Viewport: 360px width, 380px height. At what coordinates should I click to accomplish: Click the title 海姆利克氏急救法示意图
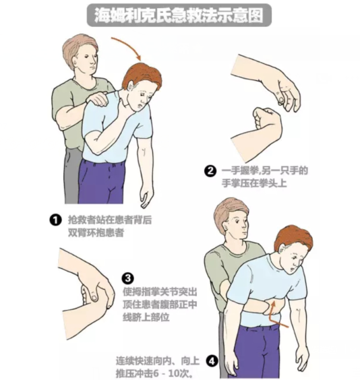tap(179, 15)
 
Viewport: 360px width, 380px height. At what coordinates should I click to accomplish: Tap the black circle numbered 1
tap(55, 220)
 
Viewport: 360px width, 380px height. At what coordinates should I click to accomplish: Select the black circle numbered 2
tap(210, 171)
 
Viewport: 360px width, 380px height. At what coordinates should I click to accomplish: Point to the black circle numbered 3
tap(129, 278)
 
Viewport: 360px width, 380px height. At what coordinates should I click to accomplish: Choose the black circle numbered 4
tap(212, 361)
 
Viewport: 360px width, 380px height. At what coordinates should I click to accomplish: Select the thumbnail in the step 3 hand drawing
tap(93, 297)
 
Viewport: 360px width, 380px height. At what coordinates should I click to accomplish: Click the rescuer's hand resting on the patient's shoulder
tap(96, 99)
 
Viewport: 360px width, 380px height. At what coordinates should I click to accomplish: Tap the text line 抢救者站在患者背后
tap(110, 220)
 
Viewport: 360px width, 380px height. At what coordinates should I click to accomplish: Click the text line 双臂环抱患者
tap(96, 232)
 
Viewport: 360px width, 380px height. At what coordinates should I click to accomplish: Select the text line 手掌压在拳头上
tap(254, 183)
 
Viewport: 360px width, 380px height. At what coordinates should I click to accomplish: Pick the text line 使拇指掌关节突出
tap(160, 292)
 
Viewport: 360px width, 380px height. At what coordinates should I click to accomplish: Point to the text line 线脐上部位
tap(146, 317)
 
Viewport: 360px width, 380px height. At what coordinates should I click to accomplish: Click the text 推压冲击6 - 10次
tap(154, 373)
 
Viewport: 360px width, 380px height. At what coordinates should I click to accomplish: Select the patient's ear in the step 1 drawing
tap(131, 86)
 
